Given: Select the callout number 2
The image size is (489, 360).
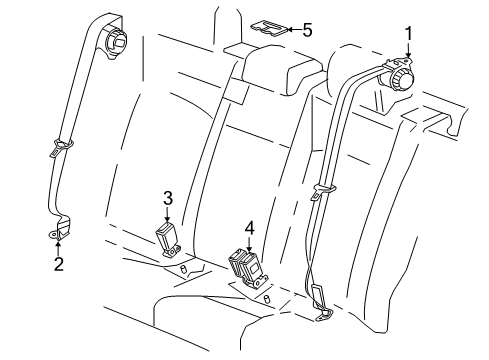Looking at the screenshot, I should coord(57,264).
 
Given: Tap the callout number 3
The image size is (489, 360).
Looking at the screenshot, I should coord(168,197).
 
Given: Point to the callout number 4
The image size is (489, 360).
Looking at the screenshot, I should coord(248,229).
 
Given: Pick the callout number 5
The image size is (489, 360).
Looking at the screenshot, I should coord(307,29).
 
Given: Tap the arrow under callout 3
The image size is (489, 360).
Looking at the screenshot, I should coord(168,215).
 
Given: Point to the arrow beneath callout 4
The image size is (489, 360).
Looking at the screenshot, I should coord(248,245).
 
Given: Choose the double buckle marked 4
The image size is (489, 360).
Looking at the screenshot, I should coord(246,266).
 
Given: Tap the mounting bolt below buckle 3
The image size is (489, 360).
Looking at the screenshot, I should coord(184,269).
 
